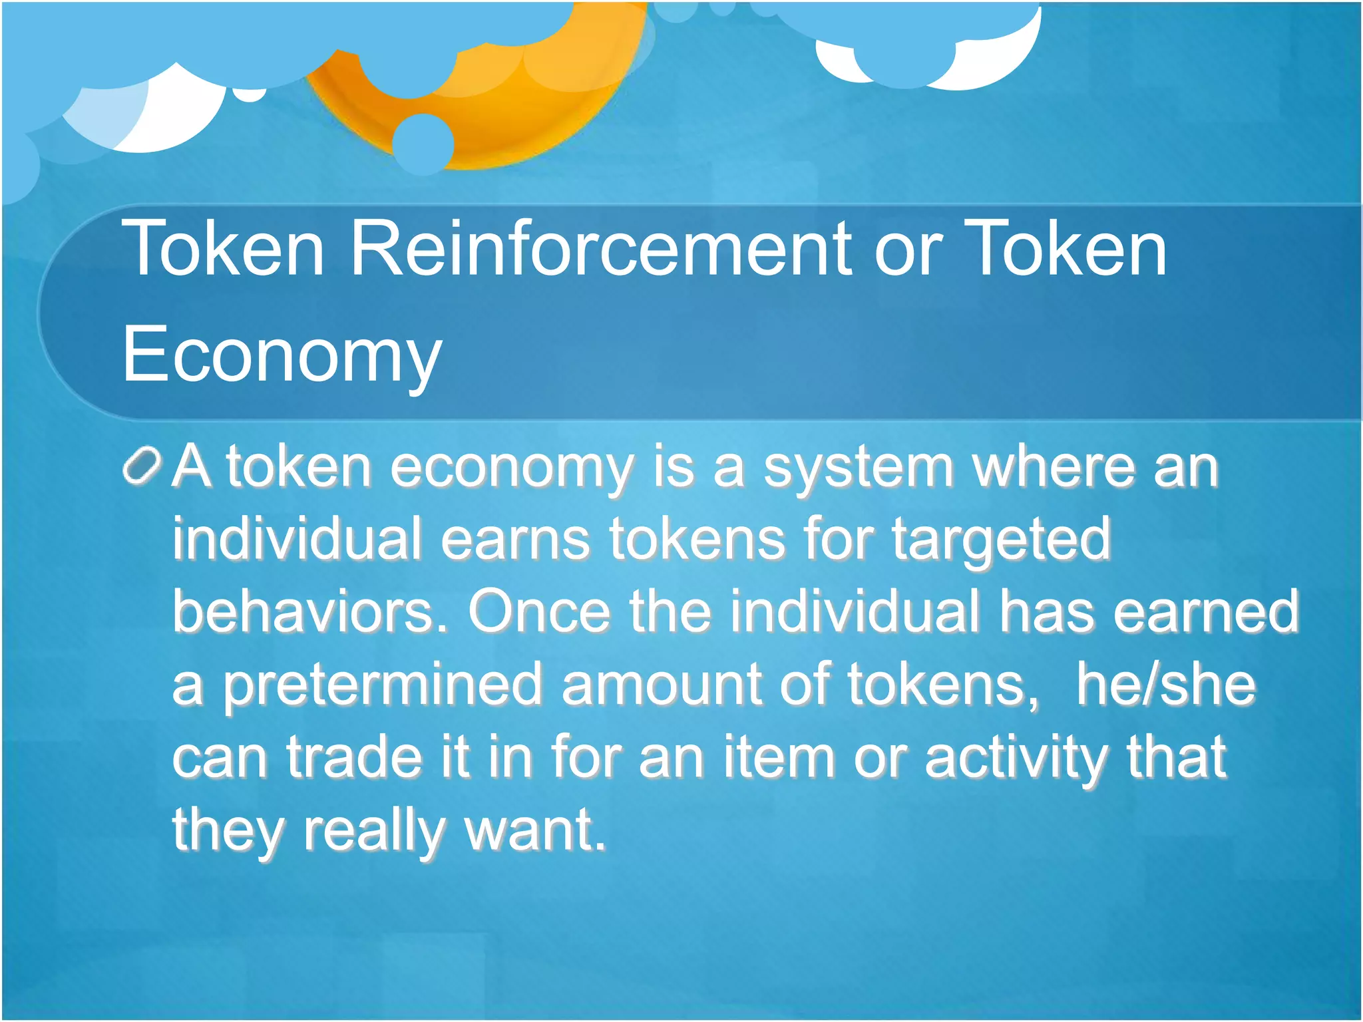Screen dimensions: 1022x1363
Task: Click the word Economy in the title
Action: pos(282,355)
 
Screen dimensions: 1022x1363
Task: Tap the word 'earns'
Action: pos(515,539)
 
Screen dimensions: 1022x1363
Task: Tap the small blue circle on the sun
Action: pos(423,143)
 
